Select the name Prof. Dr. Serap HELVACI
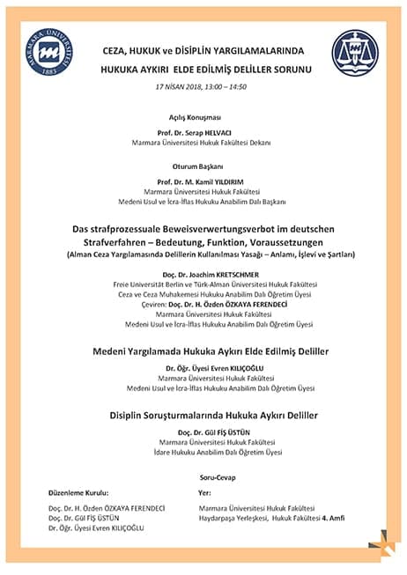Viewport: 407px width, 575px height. coord(203,131)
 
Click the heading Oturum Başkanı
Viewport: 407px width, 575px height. coord(203,165)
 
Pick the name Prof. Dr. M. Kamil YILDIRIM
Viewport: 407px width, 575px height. coord(203,180)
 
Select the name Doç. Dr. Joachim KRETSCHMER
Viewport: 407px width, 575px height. coord(203,273)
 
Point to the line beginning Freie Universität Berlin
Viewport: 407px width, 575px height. coord(203,284)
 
